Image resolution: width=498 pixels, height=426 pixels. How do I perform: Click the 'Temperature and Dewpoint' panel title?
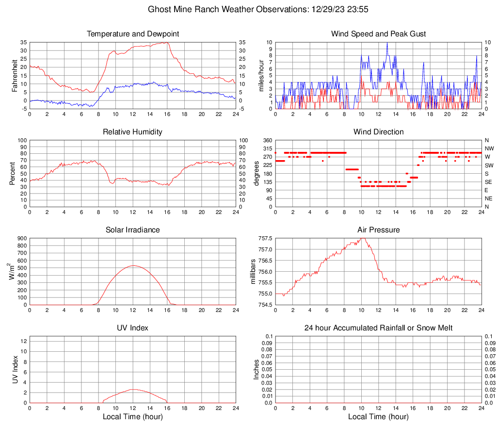(x=133, y=34)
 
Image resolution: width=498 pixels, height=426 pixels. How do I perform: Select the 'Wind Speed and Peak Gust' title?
(x=378, y=34)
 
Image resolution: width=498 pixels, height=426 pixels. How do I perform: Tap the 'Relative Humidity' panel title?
(x=133, y=132)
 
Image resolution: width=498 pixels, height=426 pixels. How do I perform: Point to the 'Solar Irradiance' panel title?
(x=133, y=230)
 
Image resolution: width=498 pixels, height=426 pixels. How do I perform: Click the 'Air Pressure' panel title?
(x=378, y=230)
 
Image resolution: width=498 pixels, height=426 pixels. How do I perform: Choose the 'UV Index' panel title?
(x=133, y=328)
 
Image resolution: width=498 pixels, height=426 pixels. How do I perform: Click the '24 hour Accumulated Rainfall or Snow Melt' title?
(x=378, y=328)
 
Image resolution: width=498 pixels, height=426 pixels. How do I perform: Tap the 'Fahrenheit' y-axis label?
(x=14, y=75)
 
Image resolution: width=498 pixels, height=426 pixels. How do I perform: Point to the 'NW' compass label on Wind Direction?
(x=489, y=148)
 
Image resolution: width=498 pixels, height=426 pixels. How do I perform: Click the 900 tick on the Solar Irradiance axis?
(x=22, y=239)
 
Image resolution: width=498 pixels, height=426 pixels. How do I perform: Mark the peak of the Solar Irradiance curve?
(x=133, y=265)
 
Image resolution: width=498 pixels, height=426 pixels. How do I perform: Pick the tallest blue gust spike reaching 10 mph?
(x=387, y=43)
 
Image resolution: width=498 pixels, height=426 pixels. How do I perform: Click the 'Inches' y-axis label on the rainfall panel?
(x=257, y=369)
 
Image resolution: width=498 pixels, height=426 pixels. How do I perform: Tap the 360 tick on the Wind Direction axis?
(x=267, y=140)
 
